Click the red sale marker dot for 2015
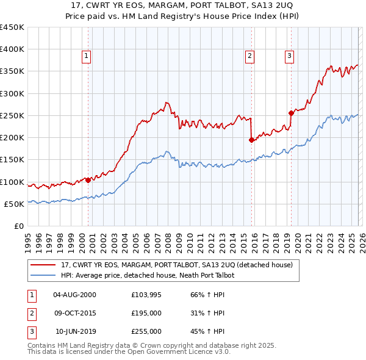pos(251,140)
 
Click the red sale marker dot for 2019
pos(291,112)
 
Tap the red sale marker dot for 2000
pos(88,180)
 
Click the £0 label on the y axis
pos(19,226)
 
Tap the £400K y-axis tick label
pos(12,49)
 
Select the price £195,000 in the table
pos(146,313)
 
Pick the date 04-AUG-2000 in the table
pos(74,295)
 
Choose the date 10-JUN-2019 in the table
pos(76,331)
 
